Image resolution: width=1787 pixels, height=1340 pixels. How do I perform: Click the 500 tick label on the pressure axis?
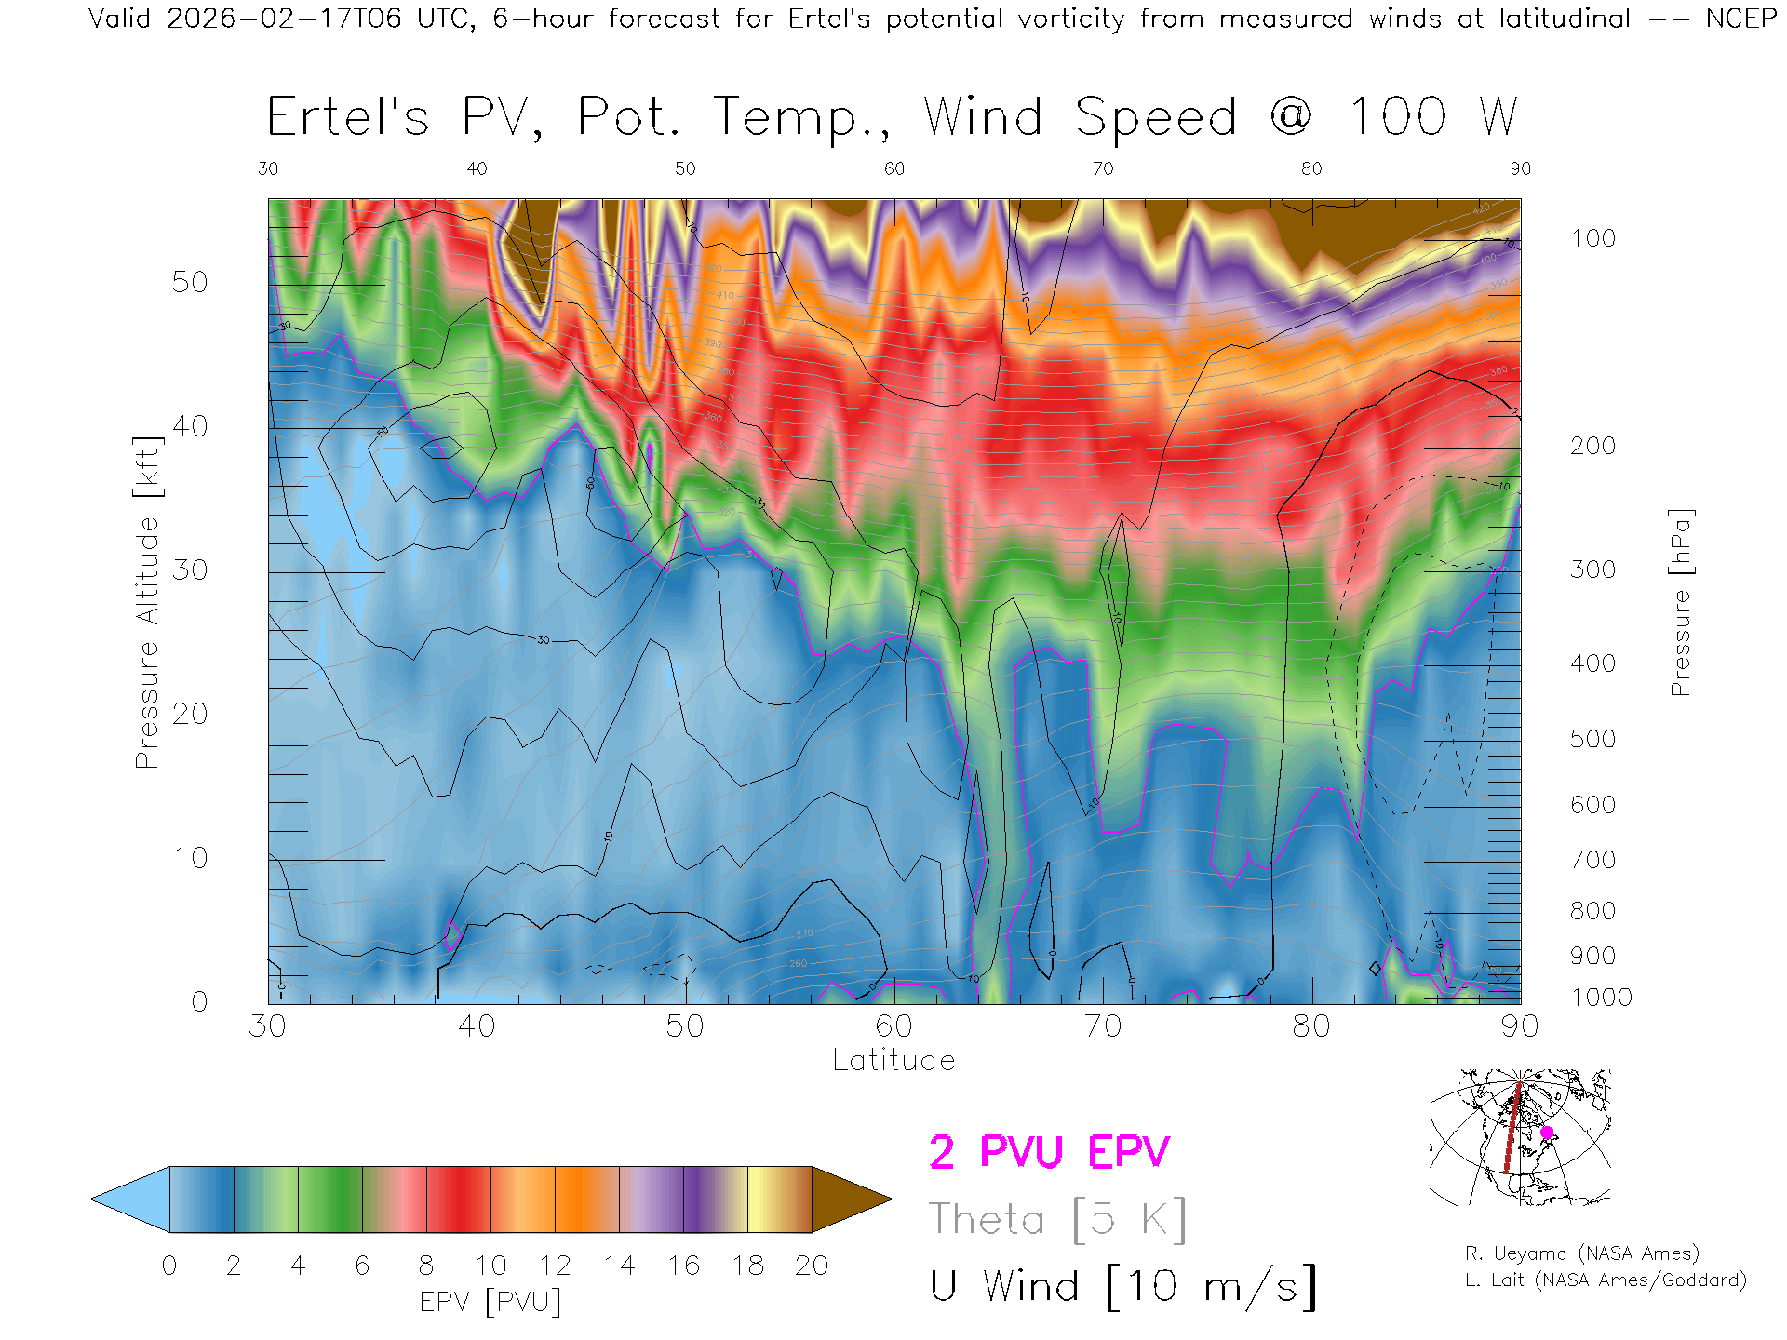(1592, 739)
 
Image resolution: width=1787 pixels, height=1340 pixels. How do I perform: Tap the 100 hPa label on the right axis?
(1592, 238)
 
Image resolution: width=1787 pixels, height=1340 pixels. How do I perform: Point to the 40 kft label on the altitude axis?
(189, 426)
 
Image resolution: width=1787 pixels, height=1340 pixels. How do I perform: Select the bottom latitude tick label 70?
(1103, 1026)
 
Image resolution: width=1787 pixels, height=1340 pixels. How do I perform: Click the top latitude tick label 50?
(685, 168)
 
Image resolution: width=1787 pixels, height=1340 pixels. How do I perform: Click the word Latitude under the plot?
(893, 1061)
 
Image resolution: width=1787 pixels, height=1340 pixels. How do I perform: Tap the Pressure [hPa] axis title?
(1680, 602)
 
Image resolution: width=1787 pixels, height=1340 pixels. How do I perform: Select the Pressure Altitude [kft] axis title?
(147, 602)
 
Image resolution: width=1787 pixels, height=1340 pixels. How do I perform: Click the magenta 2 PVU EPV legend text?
(1049, 1152)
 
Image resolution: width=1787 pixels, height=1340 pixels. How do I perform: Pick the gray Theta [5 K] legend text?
(1057, 1219)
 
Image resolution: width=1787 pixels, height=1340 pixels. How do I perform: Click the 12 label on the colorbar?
(555, 1266)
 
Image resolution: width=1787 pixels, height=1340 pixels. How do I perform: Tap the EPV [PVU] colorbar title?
(490, 1302)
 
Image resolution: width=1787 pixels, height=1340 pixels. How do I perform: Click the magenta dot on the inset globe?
(1547, 1132)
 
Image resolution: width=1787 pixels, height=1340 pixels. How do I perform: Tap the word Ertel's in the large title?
(348, 117)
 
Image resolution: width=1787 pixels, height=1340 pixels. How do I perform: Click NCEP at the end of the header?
(1740, 19)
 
